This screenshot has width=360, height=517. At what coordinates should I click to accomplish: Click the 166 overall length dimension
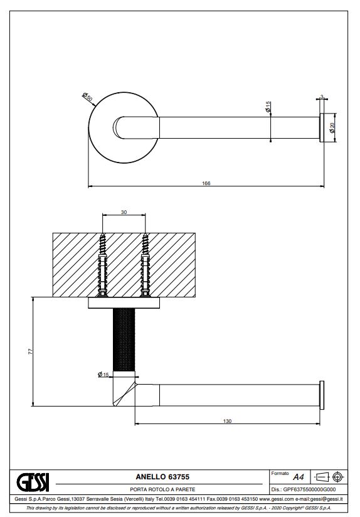point(206,183)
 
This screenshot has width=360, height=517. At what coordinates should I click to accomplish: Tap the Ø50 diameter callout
point(87,97)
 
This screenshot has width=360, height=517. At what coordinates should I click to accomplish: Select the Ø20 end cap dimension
point(332,127)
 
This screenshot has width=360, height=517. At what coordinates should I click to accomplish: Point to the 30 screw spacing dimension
point(124,212)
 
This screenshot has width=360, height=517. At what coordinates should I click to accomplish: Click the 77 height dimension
point(31,351)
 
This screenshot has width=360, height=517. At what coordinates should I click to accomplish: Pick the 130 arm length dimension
point(228,421)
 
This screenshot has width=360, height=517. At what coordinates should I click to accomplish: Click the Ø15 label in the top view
point(268,107)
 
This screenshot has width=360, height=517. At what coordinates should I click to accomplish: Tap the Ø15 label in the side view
point(103,374)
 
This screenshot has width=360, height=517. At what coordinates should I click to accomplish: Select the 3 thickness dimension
point(322,97)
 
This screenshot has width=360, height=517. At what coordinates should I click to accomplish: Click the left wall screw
point(102,265)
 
